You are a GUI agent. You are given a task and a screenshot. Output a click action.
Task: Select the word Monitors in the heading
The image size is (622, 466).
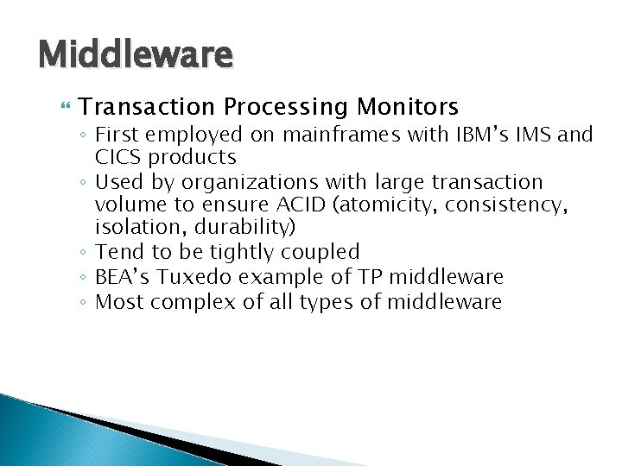click(404, 107)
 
